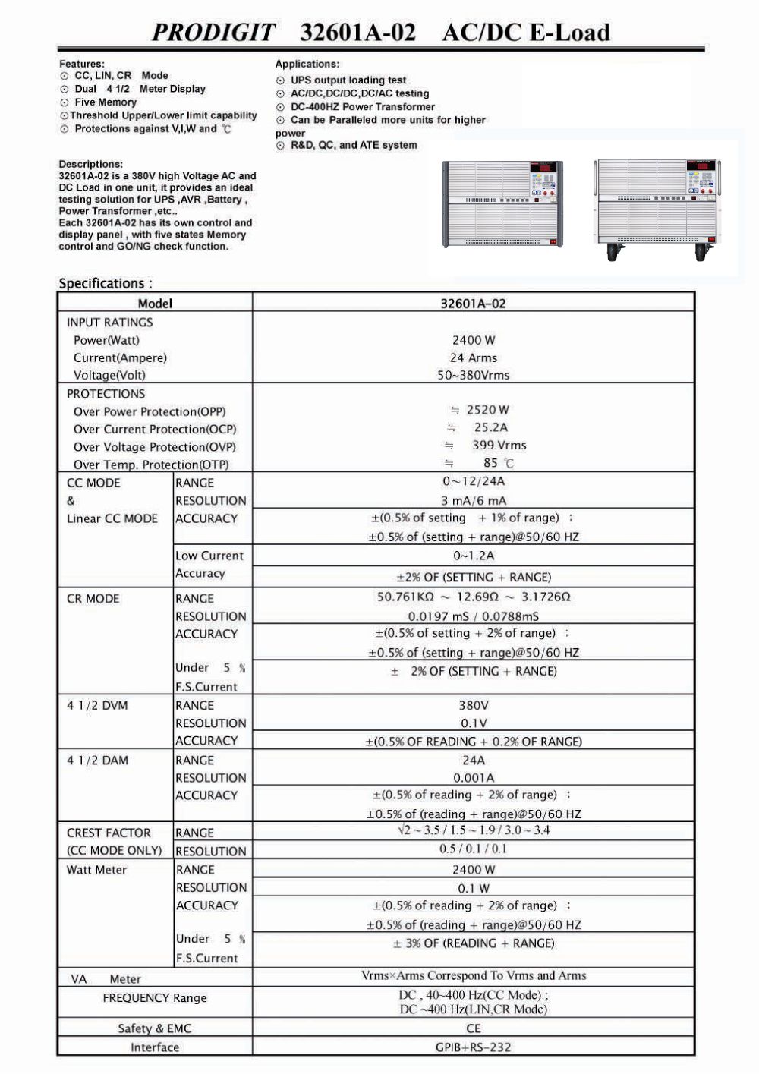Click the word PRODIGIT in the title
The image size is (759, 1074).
tap(214, 33)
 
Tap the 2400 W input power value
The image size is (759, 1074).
tap(473, 340)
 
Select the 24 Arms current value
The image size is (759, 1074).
tap(473, 357)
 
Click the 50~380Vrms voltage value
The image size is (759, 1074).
tap(473, 375)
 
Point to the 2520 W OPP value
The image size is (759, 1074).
tap(487, 410)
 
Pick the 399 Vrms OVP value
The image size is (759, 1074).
tap(499, 446)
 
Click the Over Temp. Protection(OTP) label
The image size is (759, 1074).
tap(150, 465)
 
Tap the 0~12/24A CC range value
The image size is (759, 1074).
tap(473, 481)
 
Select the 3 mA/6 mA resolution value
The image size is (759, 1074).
tap(473, 500)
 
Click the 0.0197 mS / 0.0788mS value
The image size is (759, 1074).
tap(473, 616)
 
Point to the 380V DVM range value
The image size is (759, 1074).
tap(473, 705)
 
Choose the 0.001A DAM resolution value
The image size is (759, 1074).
tap(473, 778)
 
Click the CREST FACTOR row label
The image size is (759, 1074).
tap(109, 833)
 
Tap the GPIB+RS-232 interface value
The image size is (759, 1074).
tap(473, 1047)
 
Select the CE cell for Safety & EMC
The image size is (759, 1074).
tap(473, 1028)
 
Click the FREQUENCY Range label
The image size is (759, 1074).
tap(154, 998)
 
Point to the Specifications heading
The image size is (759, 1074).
tap(106, 284)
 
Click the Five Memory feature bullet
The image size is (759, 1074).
tap(105, 102)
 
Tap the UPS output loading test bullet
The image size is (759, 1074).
tap(348, 80)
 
